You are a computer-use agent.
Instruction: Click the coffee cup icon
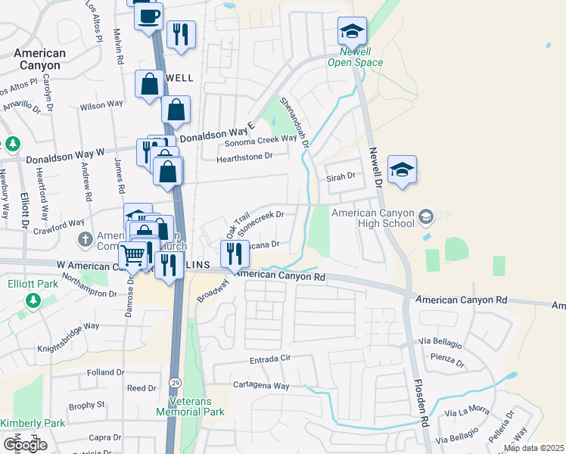pos(148,15)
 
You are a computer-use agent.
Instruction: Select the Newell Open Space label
pos(355,57)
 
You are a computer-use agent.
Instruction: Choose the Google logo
pos(25,445)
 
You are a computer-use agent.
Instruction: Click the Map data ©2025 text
pos(533,448)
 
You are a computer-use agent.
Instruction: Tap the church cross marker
pos(86,239)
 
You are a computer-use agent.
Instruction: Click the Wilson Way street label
pos(101,104)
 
